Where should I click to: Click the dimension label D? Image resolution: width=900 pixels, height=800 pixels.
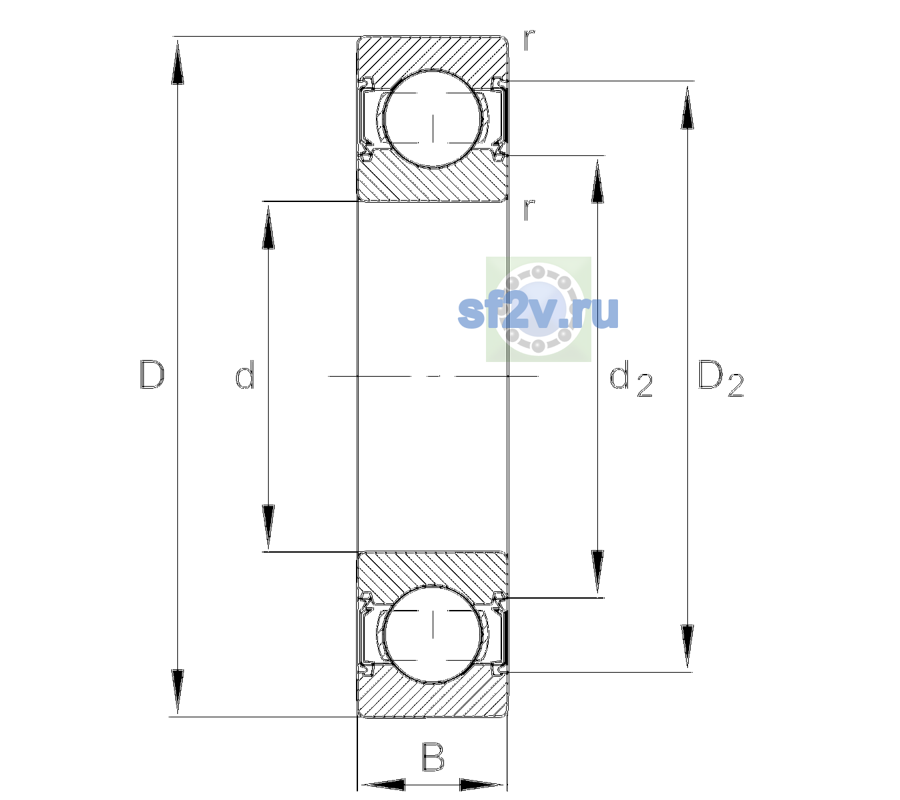(x=152, y=375)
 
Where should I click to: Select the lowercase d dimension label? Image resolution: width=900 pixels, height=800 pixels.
(x=245, y=375)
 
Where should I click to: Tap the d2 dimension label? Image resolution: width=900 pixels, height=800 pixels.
(x=631, y=379)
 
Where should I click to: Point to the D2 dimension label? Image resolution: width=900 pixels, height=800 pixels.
(x=721, y=379)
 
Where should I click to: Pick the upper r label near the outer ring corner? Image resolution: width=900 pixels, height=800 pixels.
(x=529, y=40)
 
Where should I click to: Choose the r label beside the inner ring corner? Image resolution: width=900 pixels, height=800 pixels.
(x=529, y=209)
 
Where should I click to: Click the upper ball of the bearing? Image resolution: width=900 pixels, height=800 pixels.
(x=433, y=119)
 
